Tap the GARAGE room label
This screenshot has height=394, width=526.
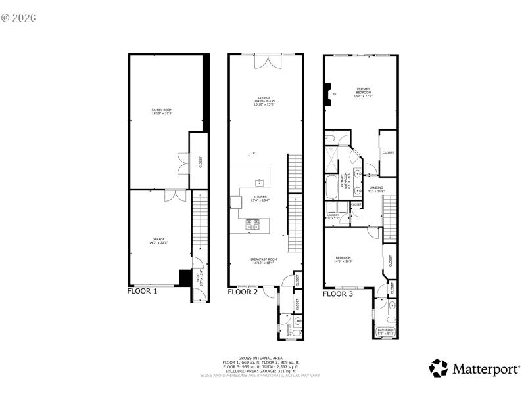pos(158,241)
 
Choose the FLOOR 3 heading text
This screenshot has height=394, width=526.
pos(338,294)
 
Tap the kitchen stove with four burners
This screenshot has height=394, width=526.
pos(253,224)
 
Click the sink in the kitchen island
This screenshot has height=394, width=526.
pos(260,182)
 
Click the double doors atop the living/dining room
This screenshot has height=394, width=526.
pos(270,60)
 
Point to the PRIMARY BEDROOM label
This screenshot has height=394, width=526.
pos(363,93)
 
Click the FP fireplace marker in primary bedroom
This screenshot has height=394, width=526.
pos(334,96)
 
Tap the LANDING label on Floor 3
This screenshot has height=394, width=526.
pos(376,189)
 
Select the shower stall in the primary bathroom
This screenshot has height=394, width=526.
pos(333,157)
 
